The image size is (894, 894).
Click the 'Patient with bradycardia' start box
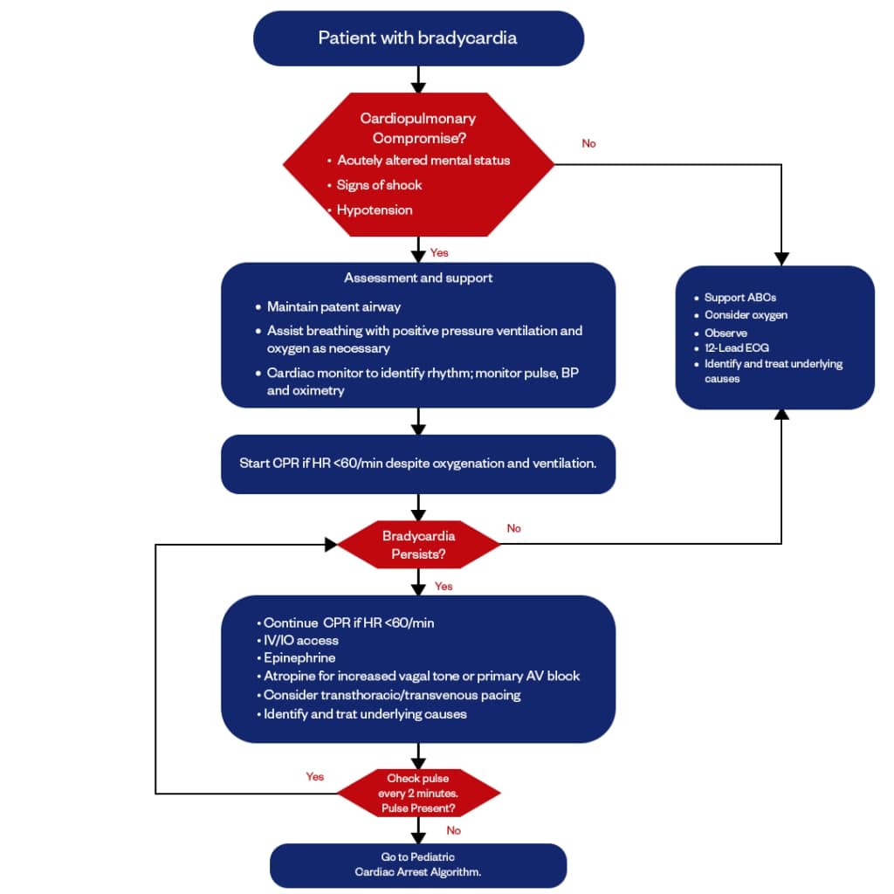[x=417, y=38]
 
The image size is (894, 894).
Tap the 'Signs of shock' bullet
[x=379, y=185]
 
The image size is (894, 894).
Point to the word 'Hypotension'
[x=375, y=210]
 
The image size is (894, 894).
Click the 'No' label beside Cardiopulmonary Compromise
[x=588, y=143]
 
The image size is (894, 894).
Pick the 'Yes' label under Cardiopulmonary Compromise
[x=439, y=252]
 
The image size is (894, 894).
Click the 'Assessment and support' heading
[x=418, y=278]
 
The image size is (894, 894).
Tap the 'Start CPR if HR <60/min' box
[x=418, y=464]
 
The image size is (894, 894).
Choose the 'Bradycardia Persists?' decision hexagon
[x=418, y=544]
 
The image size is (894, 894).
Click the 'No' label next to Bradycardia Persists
[x=513, y=528]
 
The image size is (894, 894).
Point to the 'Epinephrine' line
[x=299, y=658]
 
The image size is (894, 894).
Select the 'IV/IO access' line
[x=301, y=641]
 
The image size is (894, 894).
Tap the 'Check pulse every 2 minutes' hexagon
[x=418, y=793]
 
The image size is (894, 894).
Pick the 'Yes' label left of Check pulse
[x=314, y=776]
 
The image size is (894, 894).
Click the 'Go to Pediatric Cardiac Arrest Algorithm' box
[x=418, y=864]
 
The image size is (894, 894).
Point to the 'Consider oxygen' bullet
[x=746, y=315]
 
